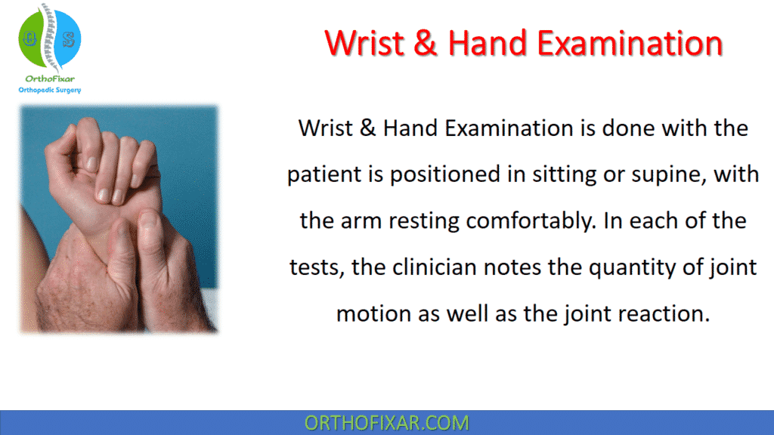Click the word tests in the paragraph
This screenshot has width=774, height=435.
pos(313,267)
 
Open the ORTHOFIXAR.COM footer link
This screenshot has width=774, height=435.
pos(386,422)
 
